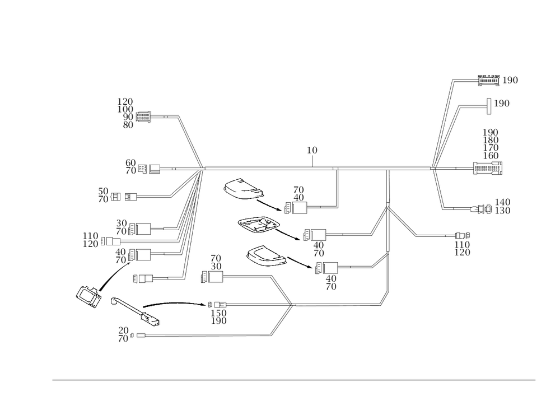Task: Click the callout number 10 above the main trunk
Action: pos(312,150)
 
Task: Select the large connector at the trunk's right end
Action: pos(488,168)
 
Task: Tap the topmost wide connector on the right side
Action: pos(488,81)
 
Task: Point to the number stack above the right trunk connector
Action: pos(491,142)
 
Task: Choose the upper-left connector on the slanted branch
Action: pos(144,117)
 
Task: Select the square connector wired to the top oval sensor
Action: pos(298,208)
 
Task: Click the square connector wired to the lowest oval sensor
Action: pos(328,267)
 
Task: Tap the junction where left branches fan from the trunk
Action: pos(202,168)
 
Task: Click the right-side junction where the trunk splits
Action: pos(431,167)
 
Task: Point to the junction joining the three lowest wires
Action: pos(293,305)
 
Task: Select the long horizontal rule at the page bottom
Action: pos(294,379)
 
